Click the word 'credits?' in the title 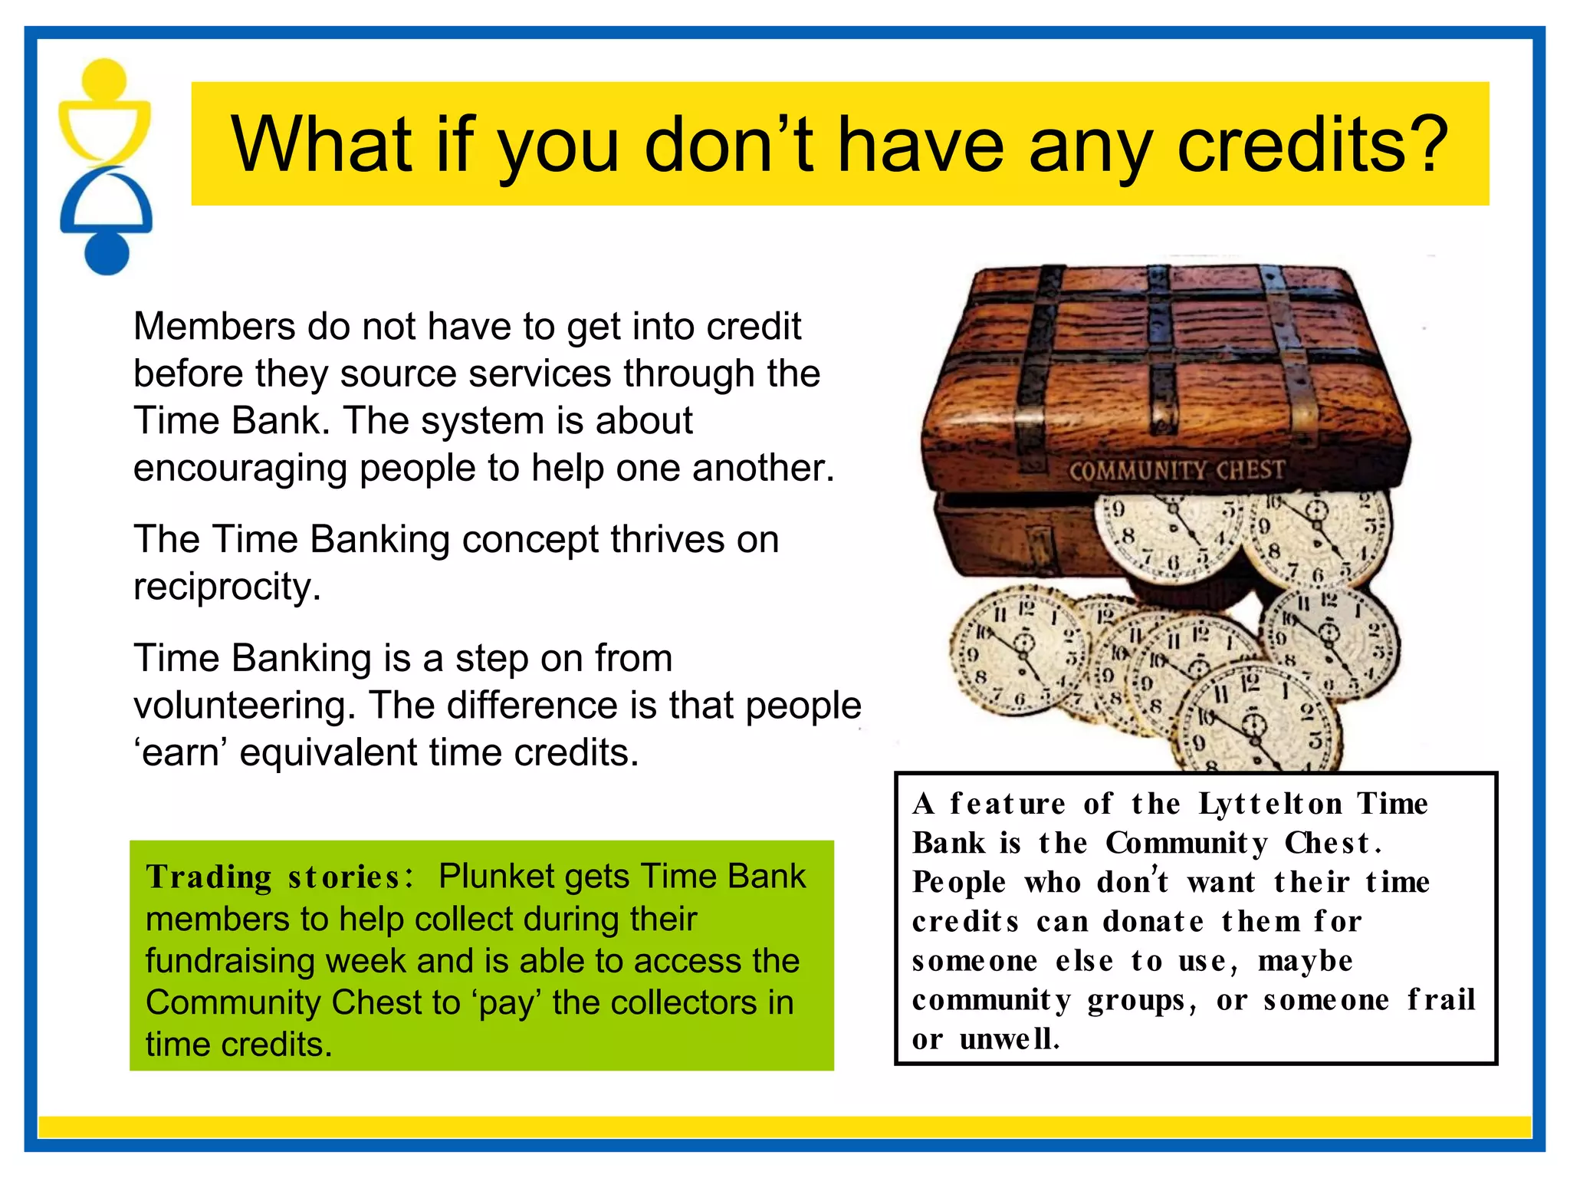pyautogui.click(x=1312, y=144)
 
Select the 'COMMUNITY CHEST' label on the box pyautogui.click(x=1176, y=470)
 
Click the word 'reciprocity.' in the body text pyautogui.click(x=227, y=587)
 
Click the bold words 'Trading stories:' pyautogui.click(x=280, y=877)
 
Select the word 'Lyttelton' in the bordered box pyautogui.click(x=1270, y=804)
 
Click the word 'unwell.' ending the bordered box pyautogui.click(x=1009, y=1039)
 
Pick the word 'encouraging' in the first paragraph pyautogui.click(x=239, y=468)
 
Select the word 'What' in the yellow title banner pyautogui.click(x=323, y=144)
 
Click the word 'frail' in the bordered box pyautogui.click(x=1440, y=1000)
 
